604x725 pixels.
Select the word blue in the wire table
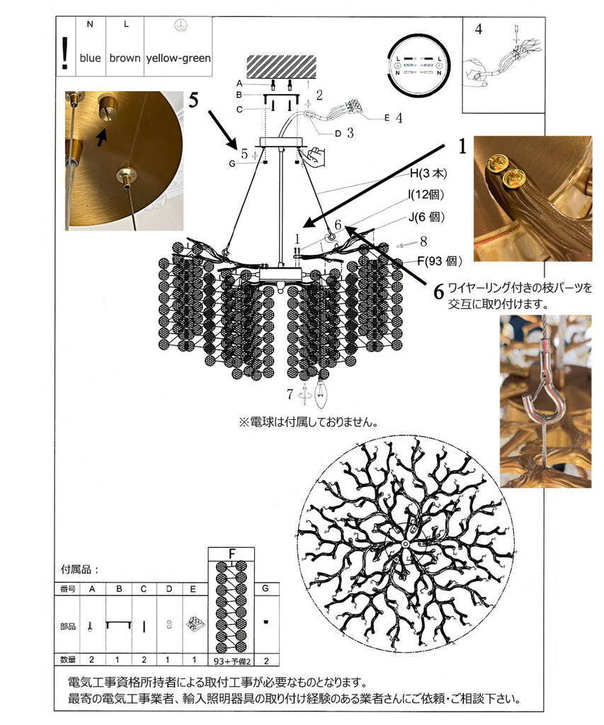[x=90, y=58]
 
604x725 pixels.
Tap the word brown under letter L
[x=125, y=58]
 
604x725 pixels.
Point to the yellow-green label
[x=178, y=58]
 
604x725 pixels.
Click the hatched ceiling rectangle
[x=282, y=67]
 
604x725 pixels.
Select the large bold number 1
[x=462, y=147]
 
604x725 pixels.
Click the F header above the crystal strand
[x=231, y=554]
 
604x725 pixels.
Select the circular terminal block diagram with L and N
[x=418, y=65]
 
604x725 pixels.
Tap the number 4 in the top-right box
[x=479, y=30]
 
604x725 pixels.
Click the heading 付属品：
[x=81, y=569]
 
